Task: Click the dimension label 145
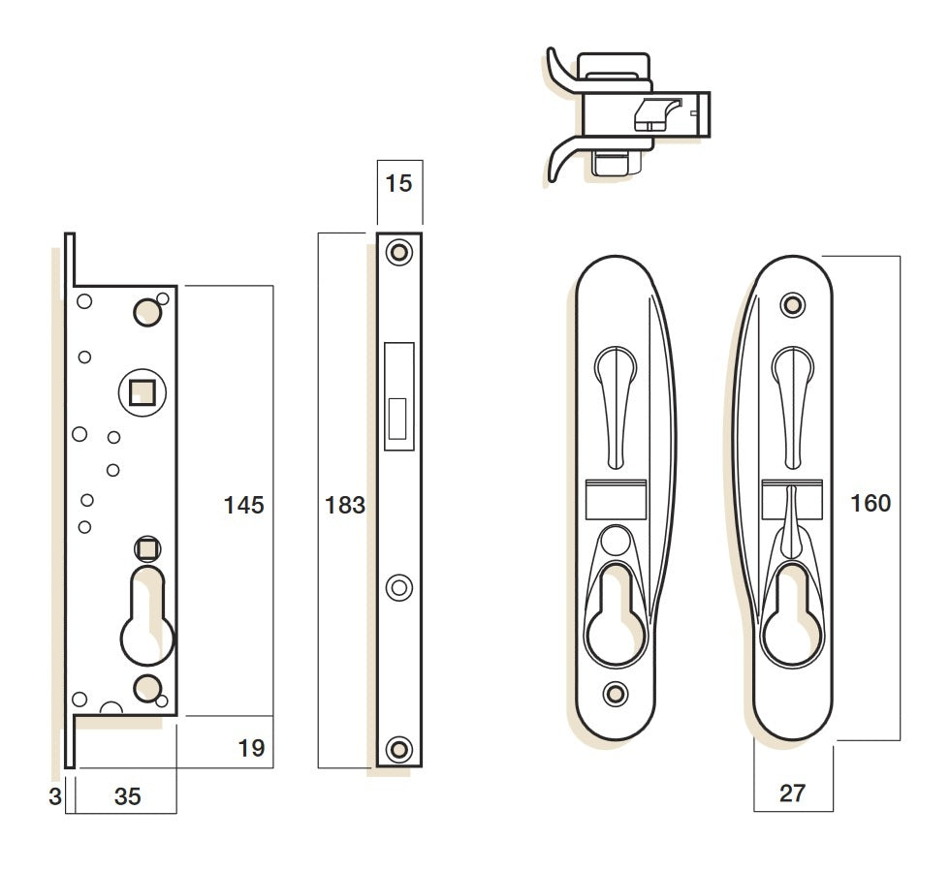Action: (x=243, y=505)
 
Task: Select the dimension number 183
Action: (x=346, y=505)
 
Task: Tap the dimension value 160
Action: (x=870, y=503)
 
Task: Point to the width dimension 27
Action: (x=792, y=793)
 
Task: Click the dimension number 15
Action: (x=398, y=183)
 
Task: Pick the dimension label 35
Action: (x=127, y=796)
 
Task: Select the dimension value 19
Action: (x=250, y=748)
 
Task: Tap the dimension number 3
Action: (x=54, y=796)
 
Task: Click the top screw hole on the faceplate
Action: (x=397, y=252)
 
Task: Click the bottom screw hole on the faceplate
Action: (x=397, y=748)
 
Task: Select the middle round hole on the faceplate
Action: (x=397, y=587)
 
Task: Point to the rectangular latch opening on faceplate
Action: (x=397, y=396)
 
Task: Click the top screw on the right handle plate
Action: (x=794, y=305)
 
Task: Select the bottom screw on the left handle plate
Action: (x=613, y=693)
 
